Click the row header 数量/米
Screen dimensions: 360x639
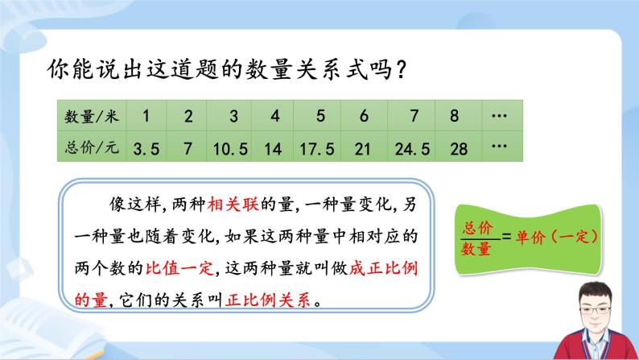tap(91, 116)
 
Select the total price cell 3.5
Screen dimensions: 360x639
tap(146, 148)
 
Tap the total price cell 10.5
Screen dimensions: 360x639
tap(233, 148)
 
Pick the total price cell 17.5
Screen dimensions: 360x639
tap(320, 148)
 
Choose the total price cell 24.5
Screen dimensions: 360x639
tap(413, 148)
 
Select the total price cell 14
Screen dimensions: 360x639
tap(274, 148)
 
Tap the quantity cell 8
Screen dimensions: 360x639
tap(455, 116)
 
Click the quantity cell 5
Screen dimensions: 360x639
tap(320, 116)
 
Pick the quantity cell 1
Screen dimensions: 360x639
tap(145, 116)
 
